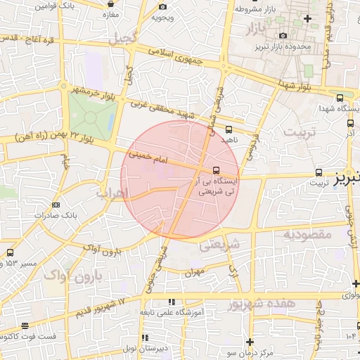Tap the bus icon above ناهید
[229, 129]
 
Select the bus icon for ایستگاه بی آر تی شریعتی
[216, 169]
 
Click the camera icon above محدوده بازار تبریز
[283, 36]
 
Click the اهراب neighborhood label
[112, 192]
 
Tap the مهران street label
[196, 271]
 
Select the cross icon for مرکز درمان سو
[250, 341]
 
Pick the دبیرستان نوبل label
[162, 349]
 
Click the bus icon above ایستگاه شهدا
[340, 98]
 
